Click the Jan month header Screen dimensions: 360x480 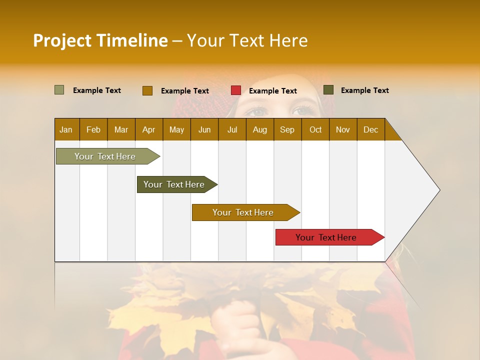66,129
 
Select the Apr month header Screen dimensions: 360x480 148,129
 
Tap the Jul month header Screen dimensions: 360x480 232,129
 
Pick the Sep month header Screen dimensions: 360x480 287,129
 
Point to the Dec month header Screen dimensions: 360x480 370,129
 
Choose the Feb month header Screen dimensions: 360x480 93,129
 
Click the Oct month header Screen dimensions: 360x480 315,129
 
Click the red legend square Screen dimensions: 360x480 236,90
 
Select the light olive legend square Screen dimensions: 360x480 59,90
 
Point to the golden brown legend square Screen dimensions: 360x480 147,90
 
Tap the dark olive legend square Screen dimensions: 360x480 328,90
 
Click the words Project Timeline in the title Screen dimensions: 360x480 100,40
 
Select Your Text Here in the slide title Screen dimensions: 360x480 247,40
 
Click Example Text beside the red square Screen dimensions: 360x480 272,91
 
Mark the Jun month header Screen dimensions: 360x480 204,129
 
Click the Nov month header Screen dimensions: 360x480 343,129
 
